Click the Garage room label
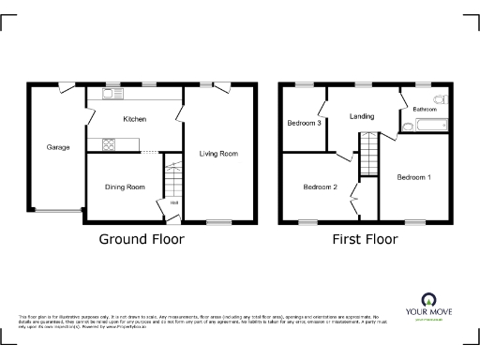[x=59, y=147]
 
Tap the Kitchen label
[x=135, y=119]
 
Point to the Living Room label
[x=217, y=153]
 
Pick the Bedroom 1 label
[x=413, y=177]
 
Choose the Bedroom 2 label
[x=320, y=187]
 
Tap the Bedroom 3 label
[x=305, y=123]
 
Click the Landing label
[x=362, y=116]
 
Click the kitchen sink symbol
[x=109, y=94]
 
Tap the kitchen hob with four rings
[x=109, y=144]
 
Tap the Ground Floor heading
[x=142, y=239]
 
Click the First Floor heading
[x=365, y=239]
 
